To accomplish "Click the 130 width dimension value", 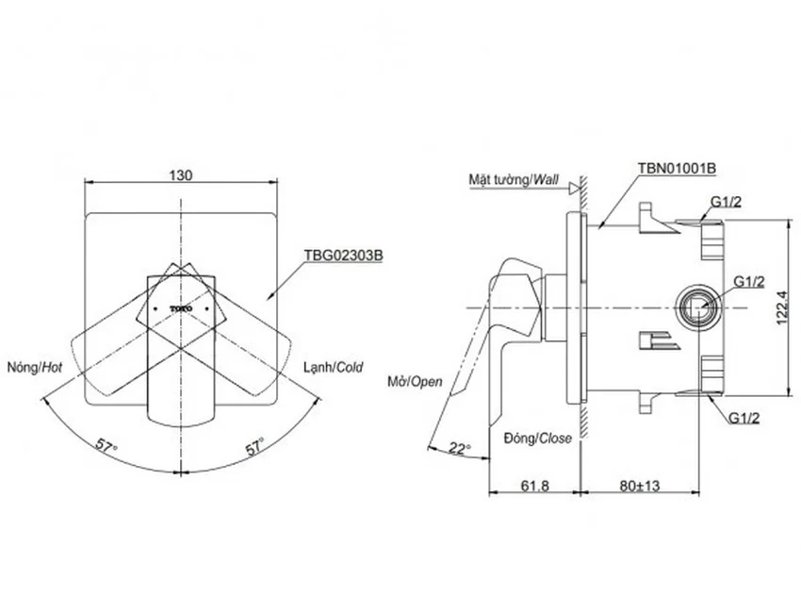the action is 181,175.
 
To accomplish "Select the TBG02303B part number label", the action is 343,256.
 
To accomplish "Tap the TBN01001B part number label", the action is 677,168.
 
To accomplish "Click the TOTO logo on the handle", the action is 181,308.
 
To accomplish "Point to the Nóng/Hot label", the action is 35,368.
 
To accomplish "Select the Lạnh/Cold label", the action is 333,368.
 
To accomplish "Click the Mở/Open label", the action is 415,382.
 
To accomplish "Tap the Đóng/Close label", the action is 538,438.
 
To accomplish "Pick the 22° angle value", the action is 460,448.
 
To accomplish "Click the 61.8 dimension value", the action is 535,485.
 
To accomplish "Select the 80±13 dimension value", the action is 640,485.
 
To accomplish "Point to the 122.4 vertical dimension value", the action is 782,307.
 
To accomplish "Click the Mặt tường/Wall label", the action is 514,179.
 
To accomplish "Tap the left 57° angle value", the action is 106,445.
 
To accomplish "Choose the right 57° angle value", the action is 255,446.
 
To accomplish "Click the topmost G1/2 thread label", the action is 726,202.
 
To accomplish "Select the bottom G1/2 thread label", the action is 744,418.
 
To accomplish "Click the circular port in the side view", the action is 697,308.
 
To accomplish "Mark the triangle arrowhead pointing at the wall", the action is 575,188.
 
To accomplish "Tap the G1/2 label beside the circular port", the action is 749,282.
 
